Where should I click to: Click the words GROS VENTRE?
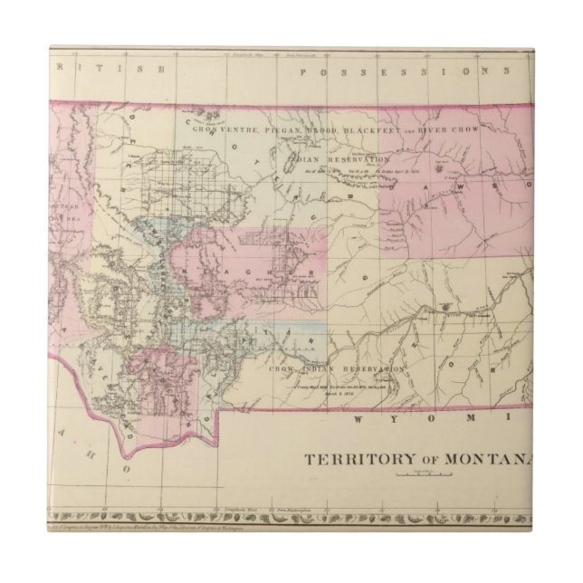point(225,130)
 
